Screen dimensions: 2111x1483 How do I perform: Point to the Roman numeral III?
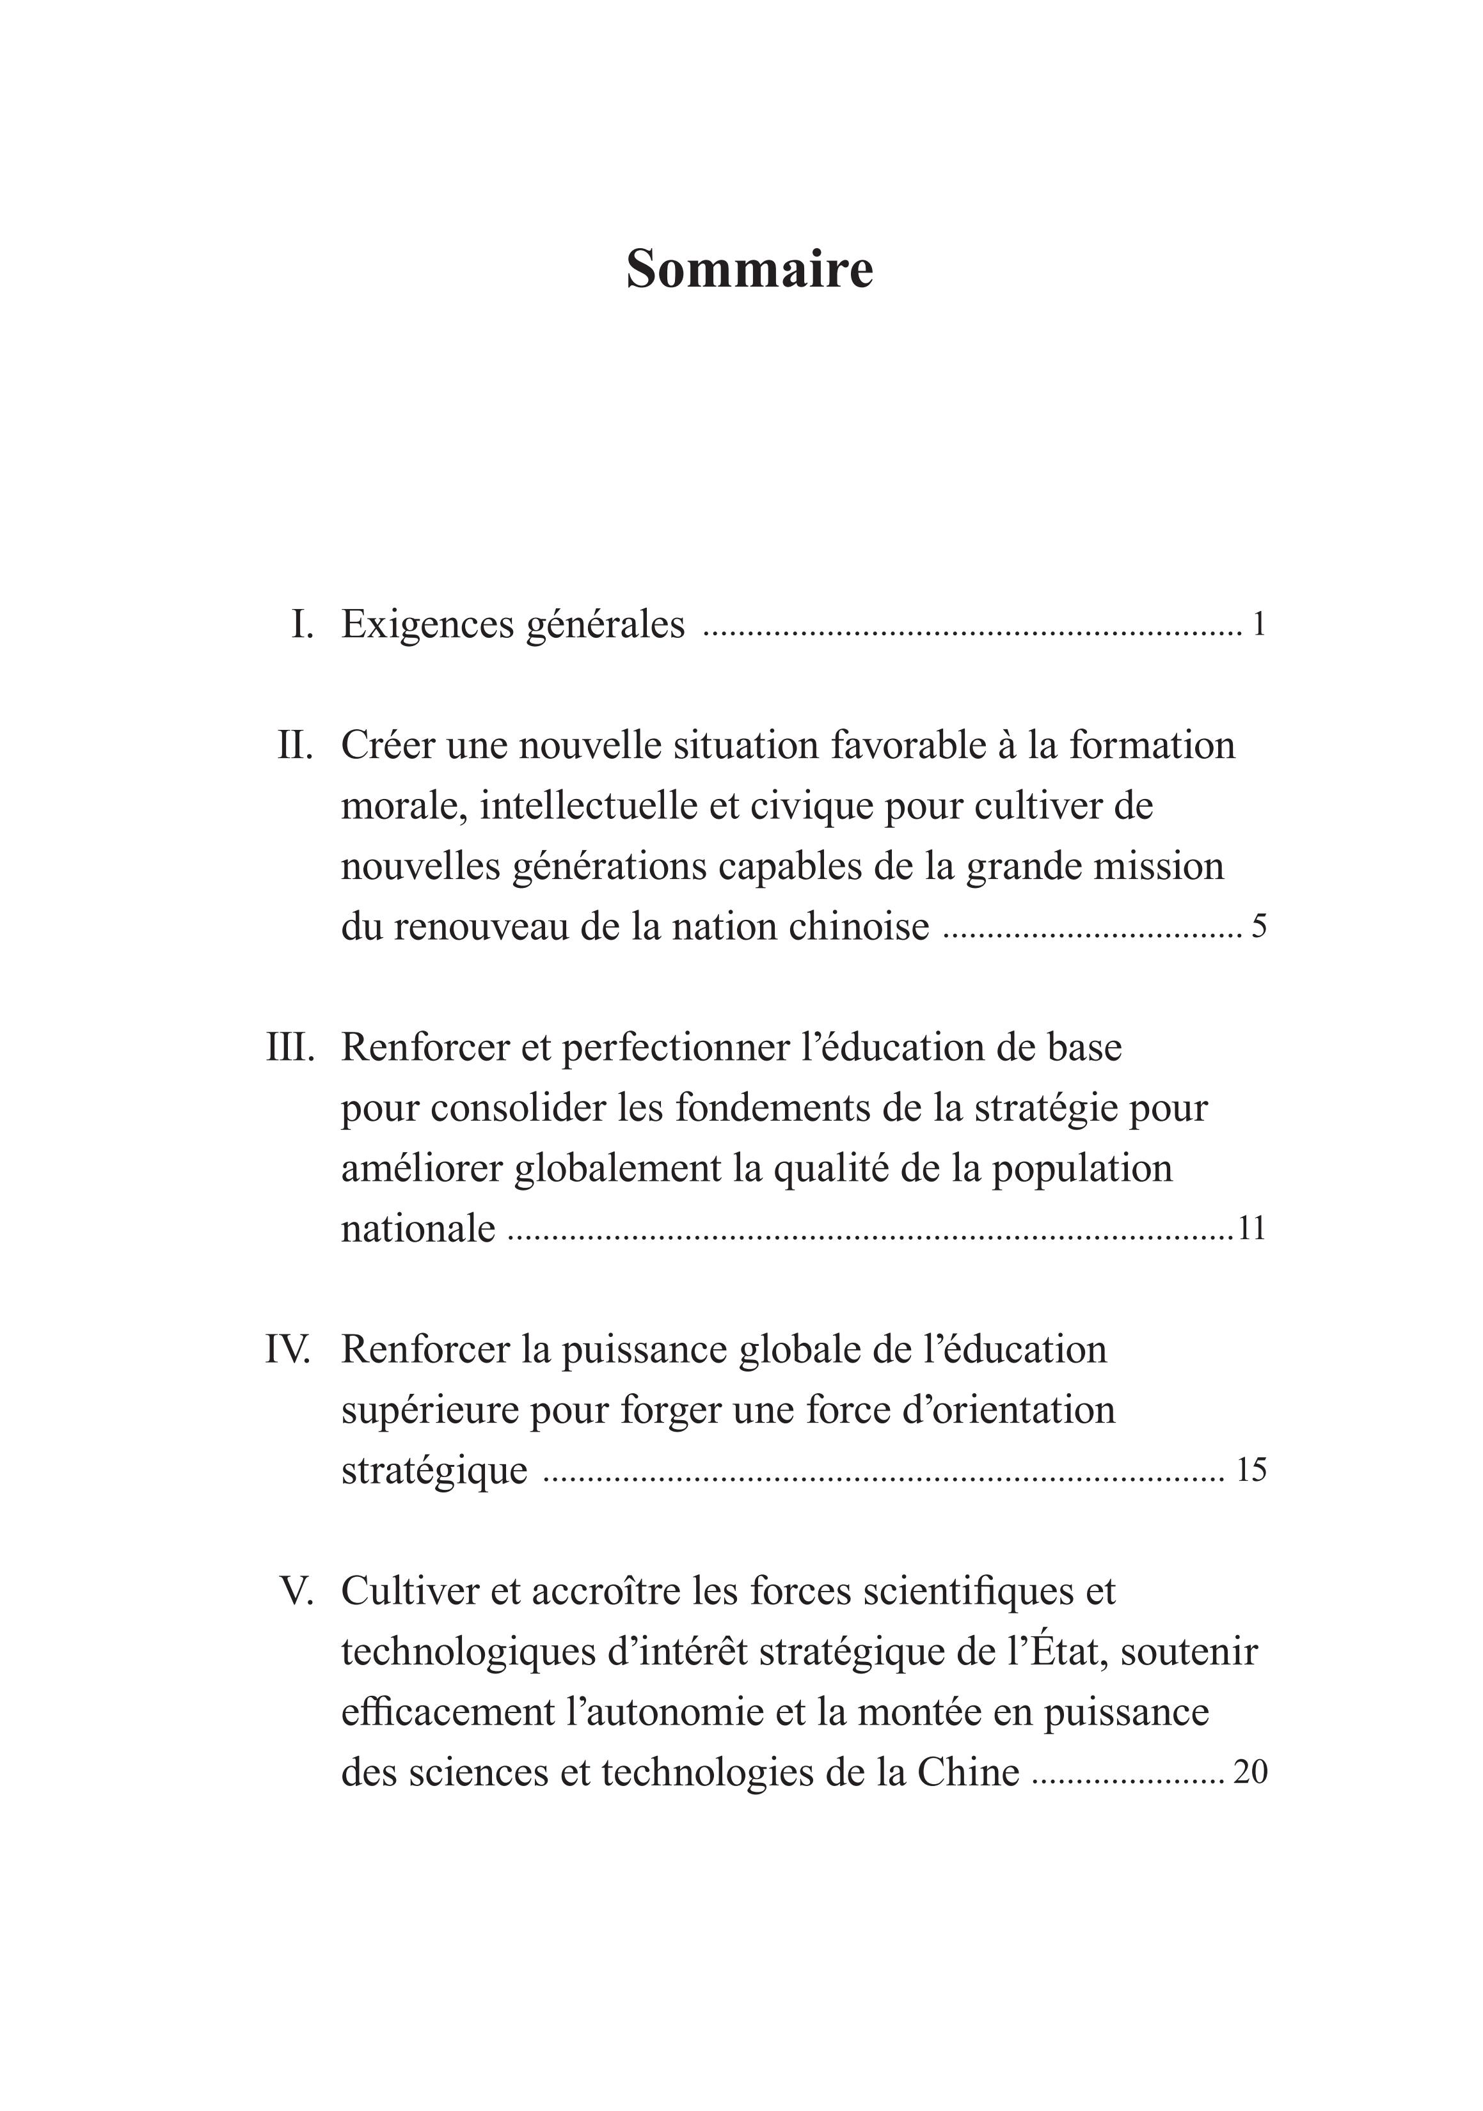[x=290, y=1047]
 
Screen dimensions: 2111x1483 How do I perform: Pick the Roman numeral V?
[x=296, y=1592]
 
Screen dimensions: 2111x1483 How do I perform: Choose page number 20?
[x=1250, y=1773]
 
